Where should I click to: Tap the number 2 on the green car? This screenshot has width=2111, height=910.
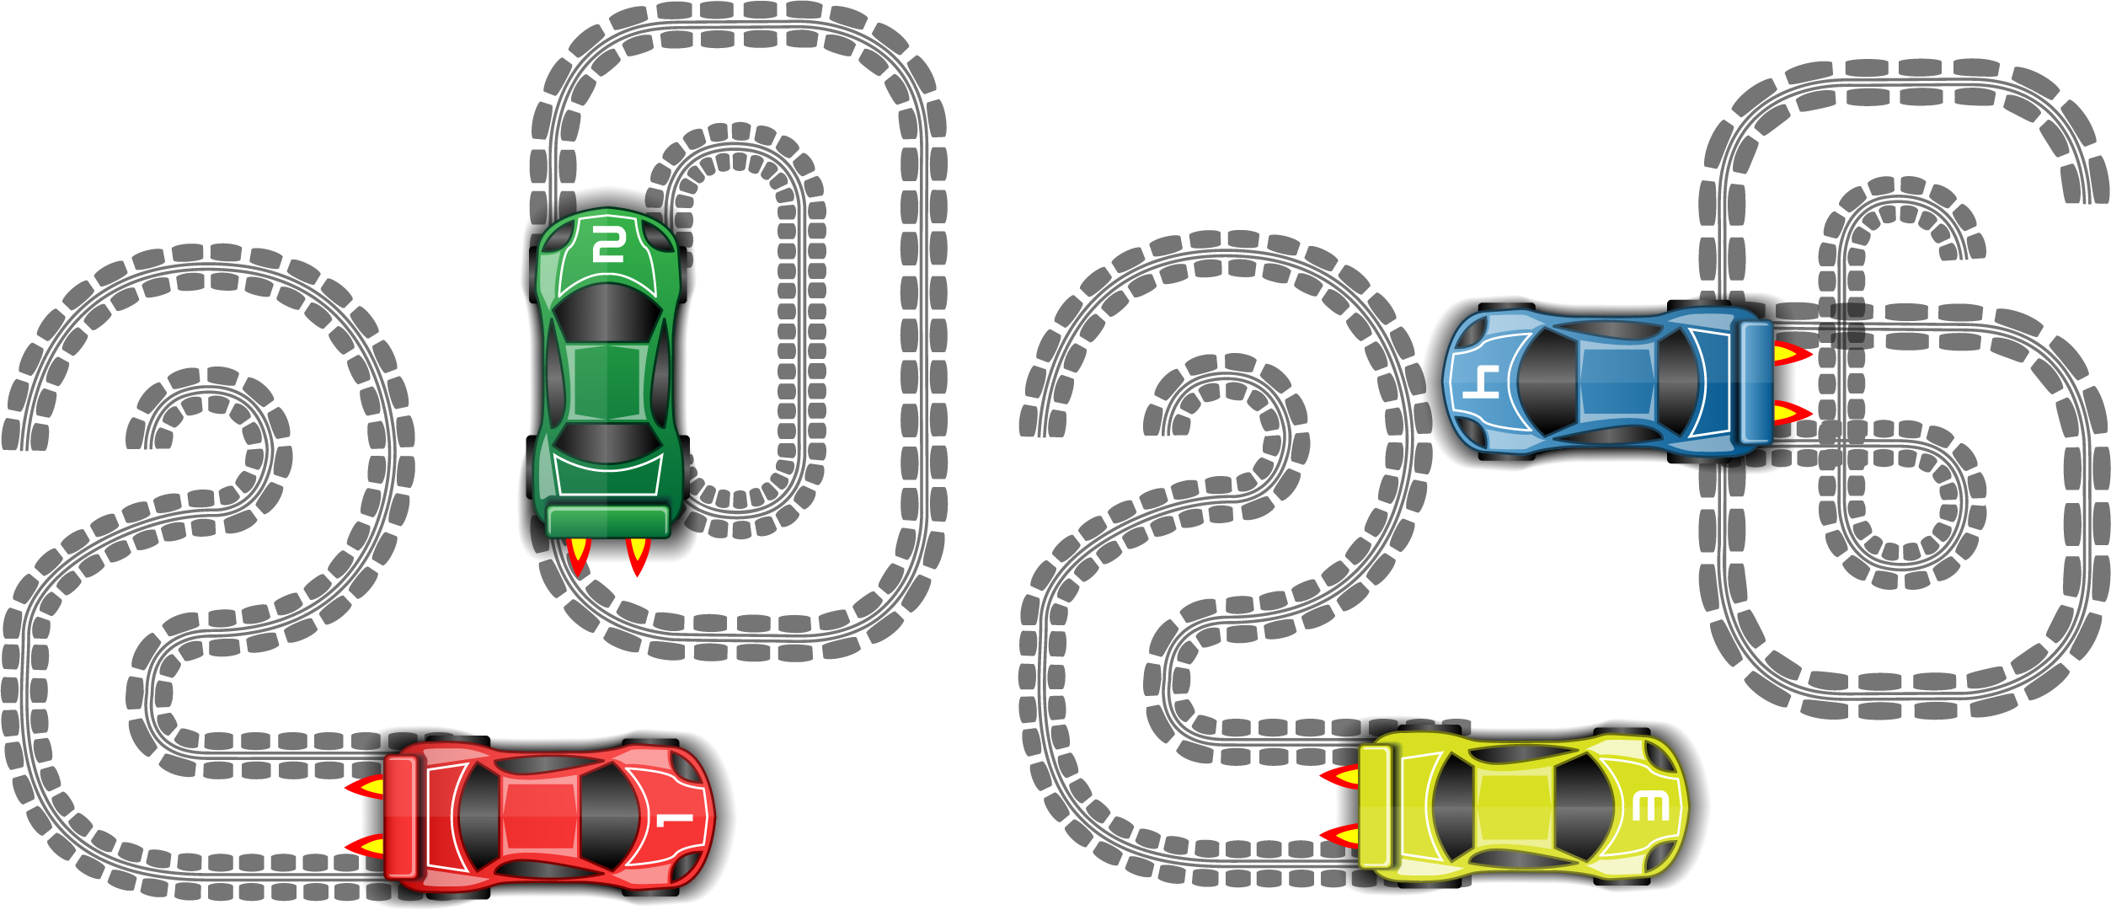coord(607,244)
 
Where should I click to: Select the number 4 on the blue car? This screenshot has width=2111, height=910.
coord(1480,382)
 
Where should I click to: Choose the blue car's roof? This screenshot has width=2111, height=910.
coord(1617,381)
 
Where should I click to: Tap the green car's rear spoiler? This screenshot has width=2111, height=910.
coord(607,521)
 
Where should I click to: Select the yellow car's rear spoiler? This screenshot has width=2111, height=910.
coord(1375,806)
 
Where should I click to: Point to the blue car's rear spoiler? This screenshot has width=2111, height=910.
coord(1756,382)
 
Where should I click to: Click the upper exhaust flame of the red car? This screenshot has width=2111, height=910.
coord(366,788)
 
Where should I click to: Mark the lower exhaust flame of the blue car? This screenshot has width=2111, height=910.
coord(1792,413)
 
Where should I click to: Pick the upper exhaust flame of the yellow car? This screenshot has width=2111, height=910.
coord(1340,776)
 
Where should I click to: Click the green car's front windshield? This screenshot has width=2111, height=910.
coord(607,313)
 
